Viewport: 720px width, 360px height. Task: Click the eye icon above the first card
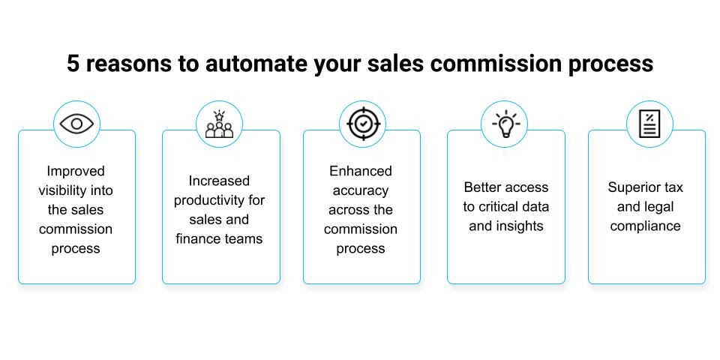[76, 124]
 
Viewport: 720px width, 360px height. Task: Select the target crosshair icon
[362, 124]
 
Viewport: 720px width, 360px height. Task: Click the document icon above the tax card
[649, 124]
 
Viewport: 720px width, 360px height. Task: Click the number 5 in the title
[73, 64]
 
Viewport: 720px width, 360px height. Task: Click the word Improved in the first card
[76, 171]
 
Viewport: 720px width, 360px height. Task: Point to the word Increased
[219, 181]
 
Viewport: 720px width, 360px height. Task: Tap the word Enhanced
[361, 171]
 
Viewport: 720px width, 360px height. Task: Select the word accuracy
[361, 190]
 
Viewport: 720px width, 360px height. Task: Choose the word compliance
[645, 226]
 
